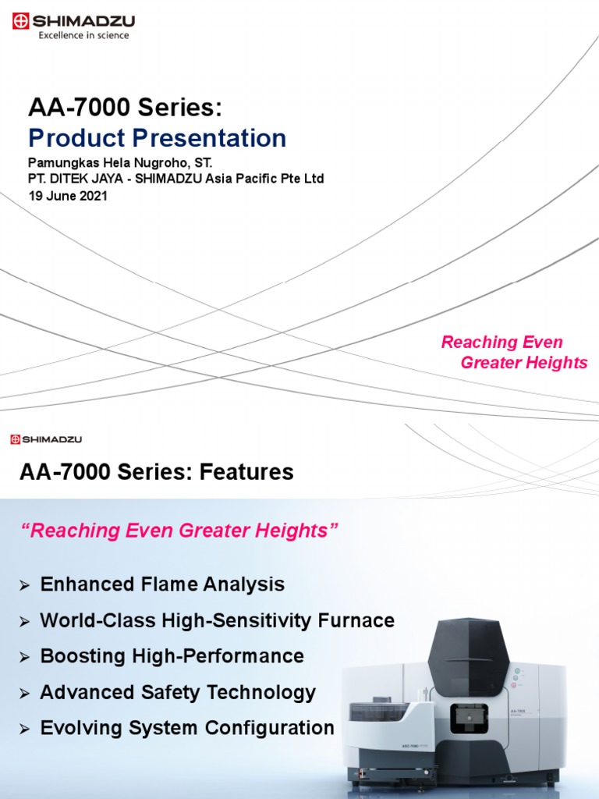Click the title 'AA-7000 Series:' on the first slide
point(130,108)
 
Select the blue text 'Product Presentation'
point(157,139)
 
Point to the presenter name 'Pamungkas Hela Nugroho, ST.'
point(120,164)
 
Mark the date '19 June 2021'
point(68,196)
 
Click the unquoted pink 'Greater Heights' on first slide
point(523,363)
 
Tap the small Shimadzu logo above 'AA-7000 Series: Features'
point(46,440)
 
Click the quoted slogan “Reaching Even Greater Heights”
point(179,531)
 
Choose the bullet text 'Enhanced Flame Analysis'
point(162,584)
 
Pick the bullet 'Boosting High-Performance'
point(172,656)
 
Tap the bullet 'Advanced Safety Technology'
point(178,692)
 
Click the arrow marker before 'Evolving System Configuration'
point(25,730)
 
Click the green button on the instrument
point(516,671)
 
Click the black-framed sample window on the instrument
point(469,718)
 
